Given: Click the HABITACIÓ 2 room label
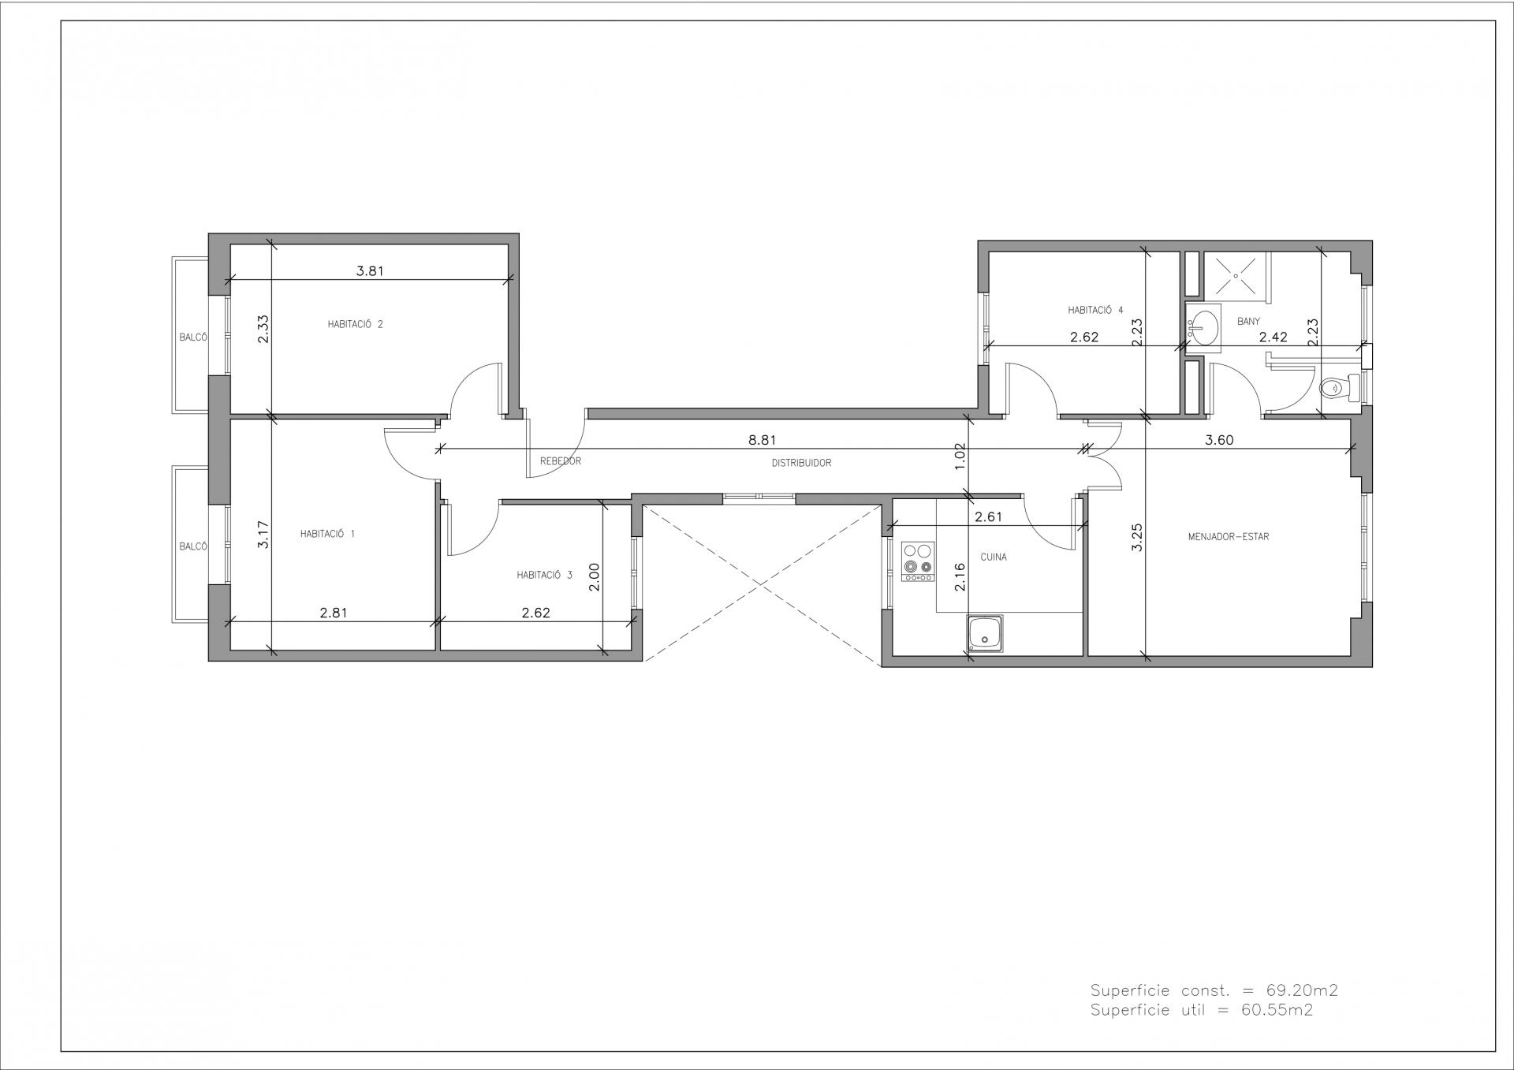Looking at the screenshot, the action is [x=355, y=324].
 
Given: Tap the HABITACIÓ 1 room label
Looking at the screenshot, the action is [x=327, y=534].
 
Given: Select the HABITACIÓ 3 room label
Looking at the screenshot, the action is [x=544, y=575].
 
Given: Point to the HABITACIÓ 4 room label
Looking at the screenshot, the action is [x=1095, y=310].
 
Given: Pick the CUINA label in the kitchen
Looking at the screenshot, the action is [x=994, y=557].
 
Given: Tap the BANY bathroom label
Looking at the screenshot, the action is [x=1248, y=321].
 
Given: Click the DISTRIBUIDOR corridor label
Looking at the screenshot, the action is [x=801, y=463].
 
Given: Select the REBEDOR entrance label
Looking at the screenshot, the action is [x=561, y=460].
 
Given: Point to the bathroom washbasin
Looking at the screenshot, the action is [x=1203, y=327].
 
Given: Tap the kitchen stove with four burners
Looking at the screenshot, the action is [x=918, y=562].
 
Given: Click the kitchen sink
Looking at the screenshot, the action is [x=984, y=634].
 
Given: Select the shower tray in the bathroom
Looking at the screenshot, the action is [x=1235, y=277].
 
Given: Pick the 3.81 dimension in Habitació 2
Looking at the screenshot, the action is [x=370, y=270].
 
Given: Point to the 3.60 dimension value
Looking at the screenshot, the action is [x=1219, y=440].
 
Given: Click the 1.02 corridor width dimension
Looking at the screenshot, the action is [x=960, y=457].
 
